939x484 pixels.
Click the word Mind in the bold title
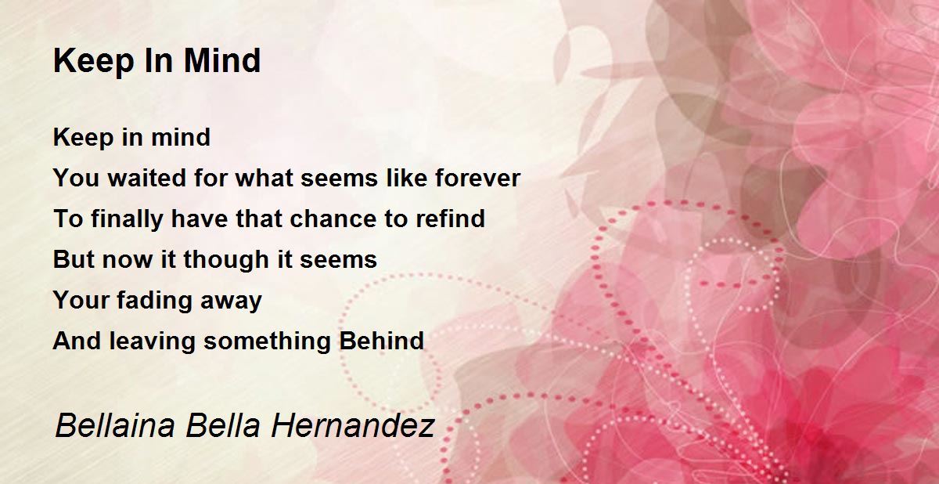pyautogui.click(x=222, y=61)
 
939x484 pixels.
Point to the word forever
pyautogui.click(x=478, y=178)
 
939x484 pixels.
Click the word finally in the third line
pyautogui.click(x=127, y=219)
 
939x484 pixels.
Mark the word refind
pyautogui.click(x=450, y=219)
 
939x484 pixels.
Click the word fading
pyautogui.click(x=154, y=301)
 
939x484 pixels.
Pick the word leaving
pyautogui.click(x=152, y=341)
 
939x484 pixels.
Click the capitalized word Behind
pyautogui.click(x=382, y=341)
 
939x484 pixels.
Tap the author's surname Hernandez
pyautogui.click(x=353, y=426)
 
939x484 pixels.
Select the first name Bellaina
pyautogui.click(x=114, y=426)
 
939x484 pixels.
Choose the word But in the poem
pyautogui.click(x=74, y=259)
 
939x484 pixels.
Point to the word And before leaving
pyautogui.click(x=77, y=341)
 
